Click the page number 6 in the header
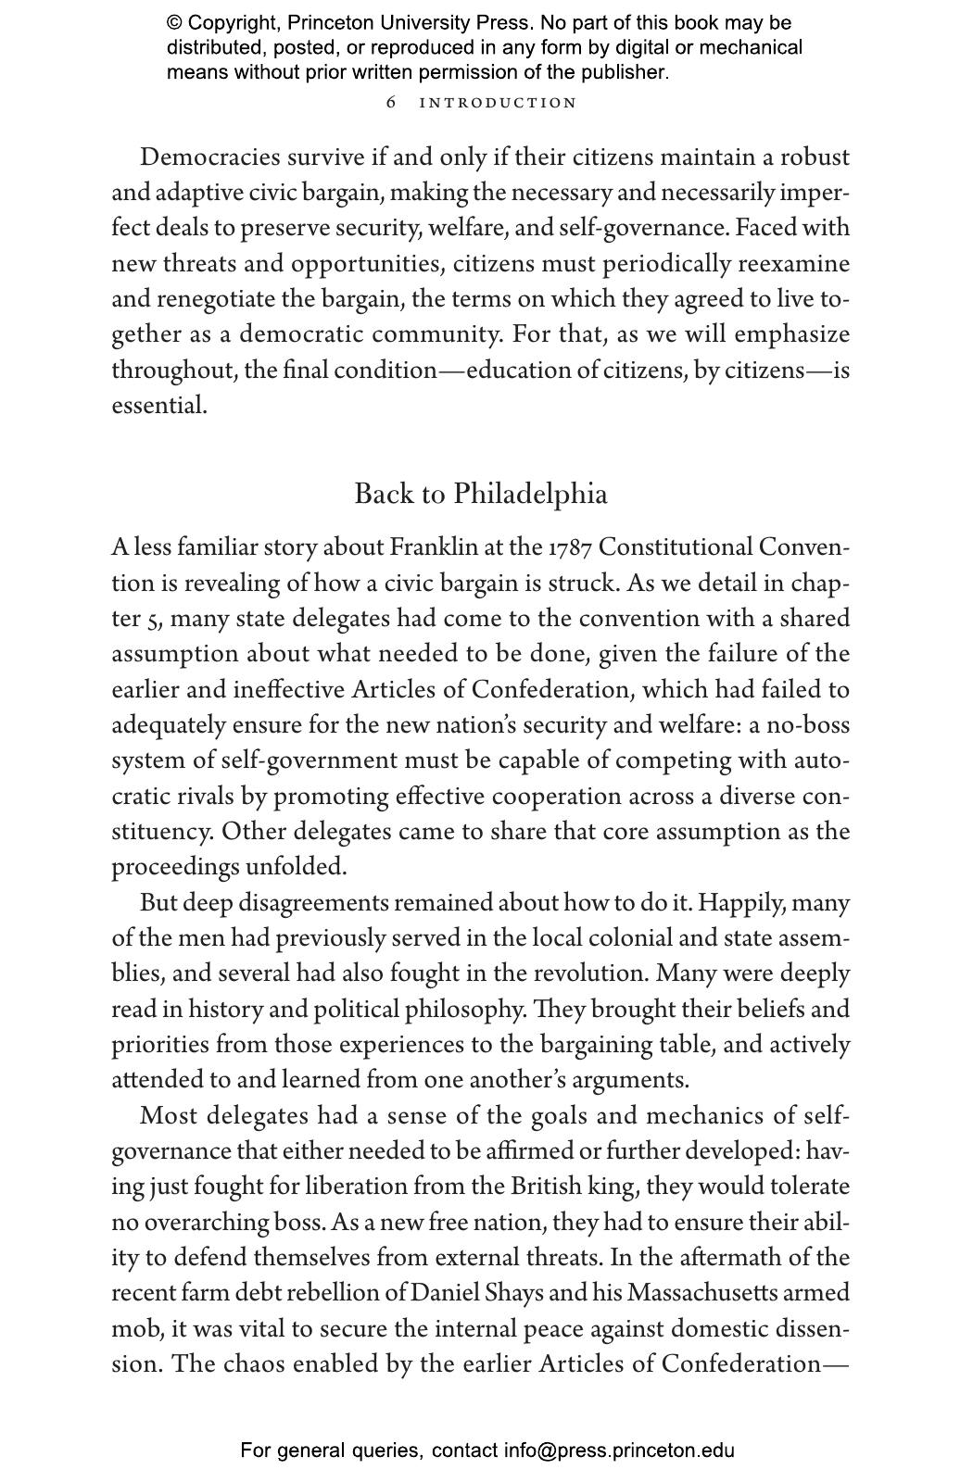(x=391, y=103)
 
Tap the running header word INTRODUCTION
(x=498, y=103)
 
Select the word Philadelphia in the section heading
(x=531, y=495)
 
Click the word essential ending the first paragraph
(x=158, y=406)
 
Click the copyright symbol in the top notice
(x=174, y=23)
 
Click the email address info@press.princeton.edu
(x=619, y=1451)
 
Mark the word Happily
(x=737, y=903)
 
